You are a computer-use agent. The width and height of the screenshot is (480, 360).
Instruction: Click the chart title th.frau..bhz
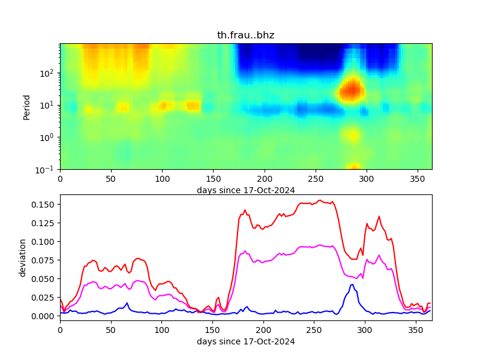pos(245,35)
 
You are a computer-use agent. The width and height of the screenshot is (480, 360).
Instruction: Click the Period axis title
pos(26,106)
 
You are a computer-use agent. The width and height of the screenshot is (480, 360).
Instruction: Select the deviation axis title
pos(23,257)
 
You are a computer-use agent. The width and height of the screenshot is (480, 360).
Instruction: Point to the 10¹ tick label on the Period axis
pos(49,105)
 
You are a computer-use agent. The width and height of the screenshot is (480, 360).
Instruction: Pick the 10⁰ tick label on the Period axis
pos(49,137)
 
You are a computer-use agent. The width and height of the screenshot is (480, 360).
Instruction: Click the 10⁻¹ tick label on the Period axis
pos(47,169)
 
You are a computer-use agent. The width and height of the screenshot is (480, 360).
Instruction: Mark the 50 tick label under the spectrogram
pos(111,179)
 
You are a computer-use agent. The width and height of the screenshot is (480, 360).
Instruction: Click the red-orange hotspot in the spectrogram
pos(352,91)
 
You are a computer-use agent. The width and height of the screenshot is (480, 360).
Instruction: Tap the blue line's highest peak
pos(352,285)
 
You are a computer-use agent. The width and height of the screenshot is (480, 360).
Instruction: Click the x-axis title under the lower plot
pos(245,342)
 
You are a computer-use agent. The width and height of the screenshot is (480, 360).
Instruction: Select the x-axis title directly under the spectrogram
pos(245,190)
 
